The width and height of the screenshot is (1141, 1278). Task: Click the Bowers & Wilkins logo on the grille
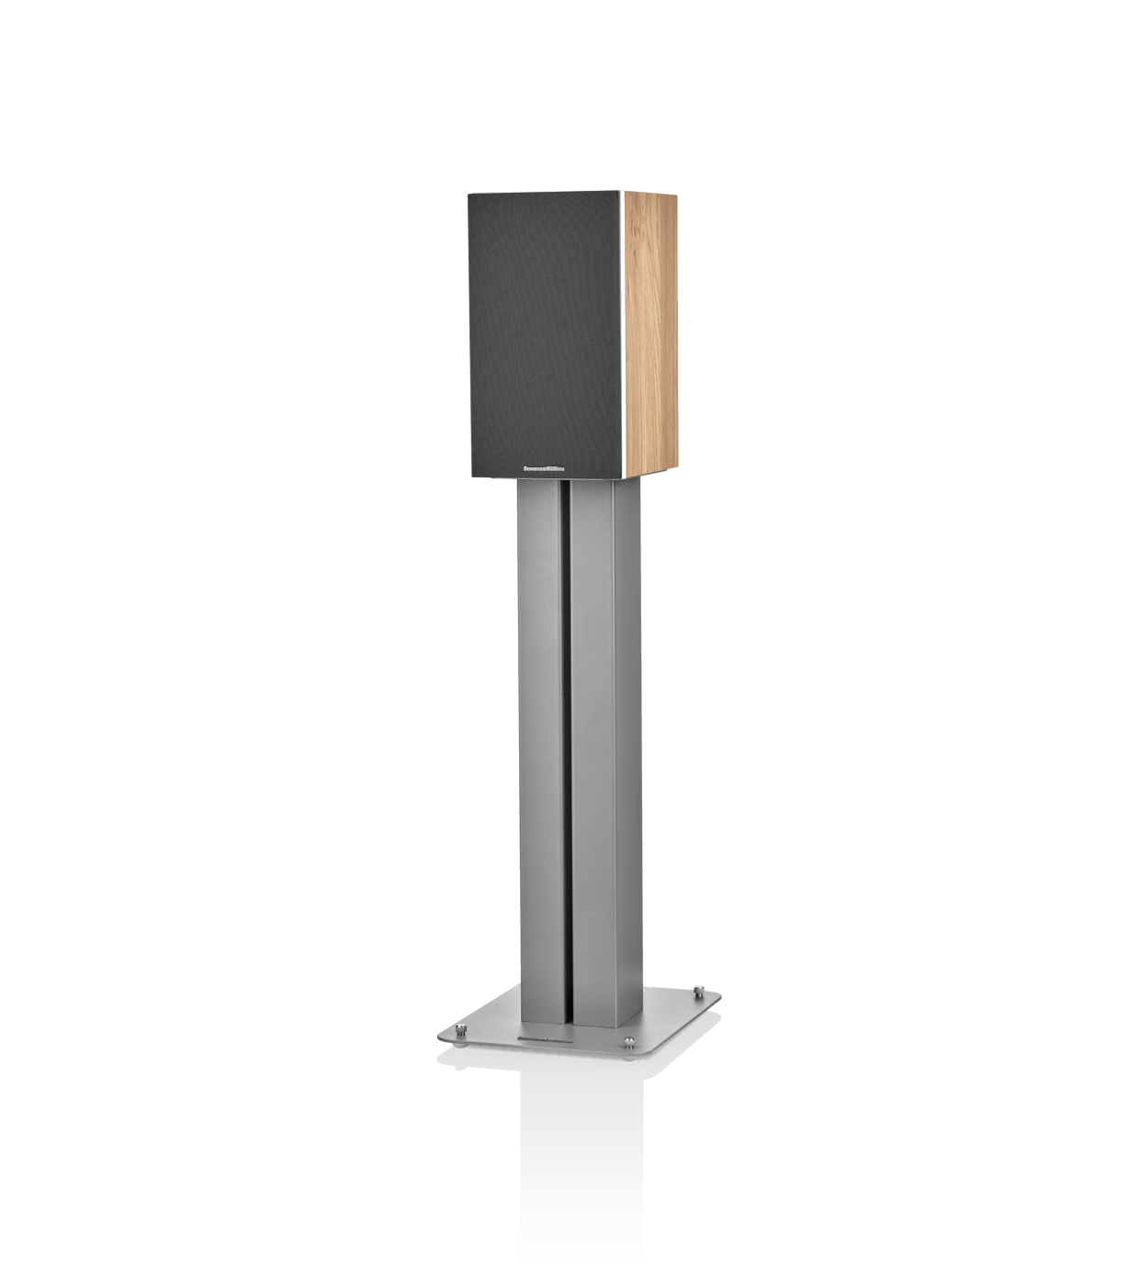pyautogui.click(x=544, y=466)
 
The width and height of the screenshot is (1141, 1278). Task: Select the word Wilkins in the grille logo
pyautogui.click(x=557, y=466)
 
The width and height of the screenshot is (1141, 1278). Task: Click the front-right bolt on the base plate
pyautogui.click(x=628, y=1040)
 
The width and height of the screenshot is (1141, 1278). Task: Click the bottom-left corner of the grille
pyautogui.click(x=470, y=477)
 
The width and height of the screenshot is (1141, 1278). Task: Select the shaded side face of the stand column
pyautogui.click(x=634, y=734)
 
